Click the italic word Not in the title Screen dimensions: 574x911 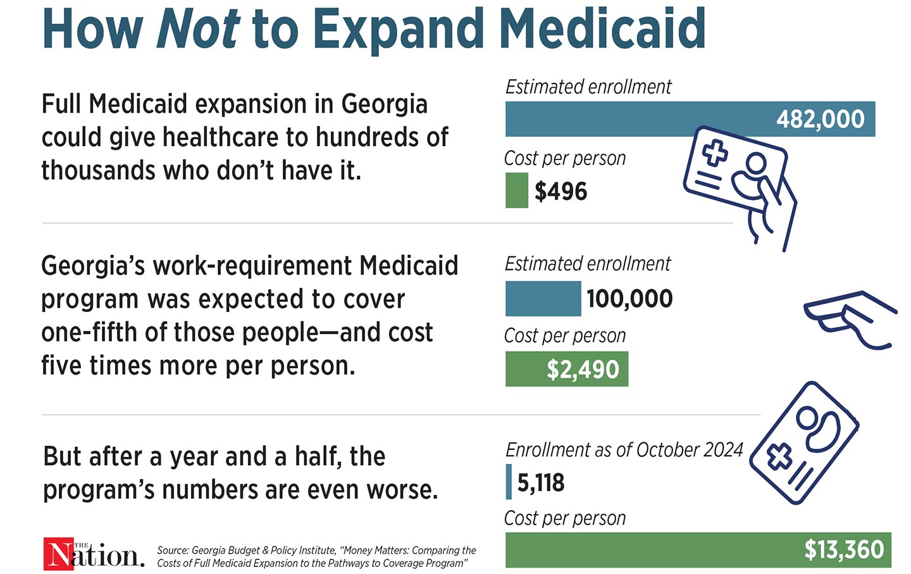198,28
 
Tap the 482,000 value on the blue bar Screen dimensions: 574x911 820,119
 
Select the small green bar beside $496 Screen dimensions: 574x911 516,190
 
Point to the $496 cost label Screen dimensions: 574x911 561,191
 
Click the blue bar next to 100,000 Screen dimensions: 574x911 543,299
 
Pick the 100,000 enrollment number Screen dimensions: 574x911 629,299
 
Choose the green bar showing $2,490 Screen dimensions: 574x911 566,369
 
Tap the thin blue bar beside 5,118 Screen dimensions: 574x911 509,482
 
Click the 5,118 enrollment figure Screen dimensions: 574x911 541,483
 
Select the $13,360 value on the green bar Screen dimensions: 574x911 844,549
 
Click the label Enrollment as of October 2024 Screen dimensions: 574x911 624,450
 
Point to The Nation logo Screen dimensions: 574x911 94,554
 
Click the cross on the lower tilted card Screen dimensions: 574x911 780,456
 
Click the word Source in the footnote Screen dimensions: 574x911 172,551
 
